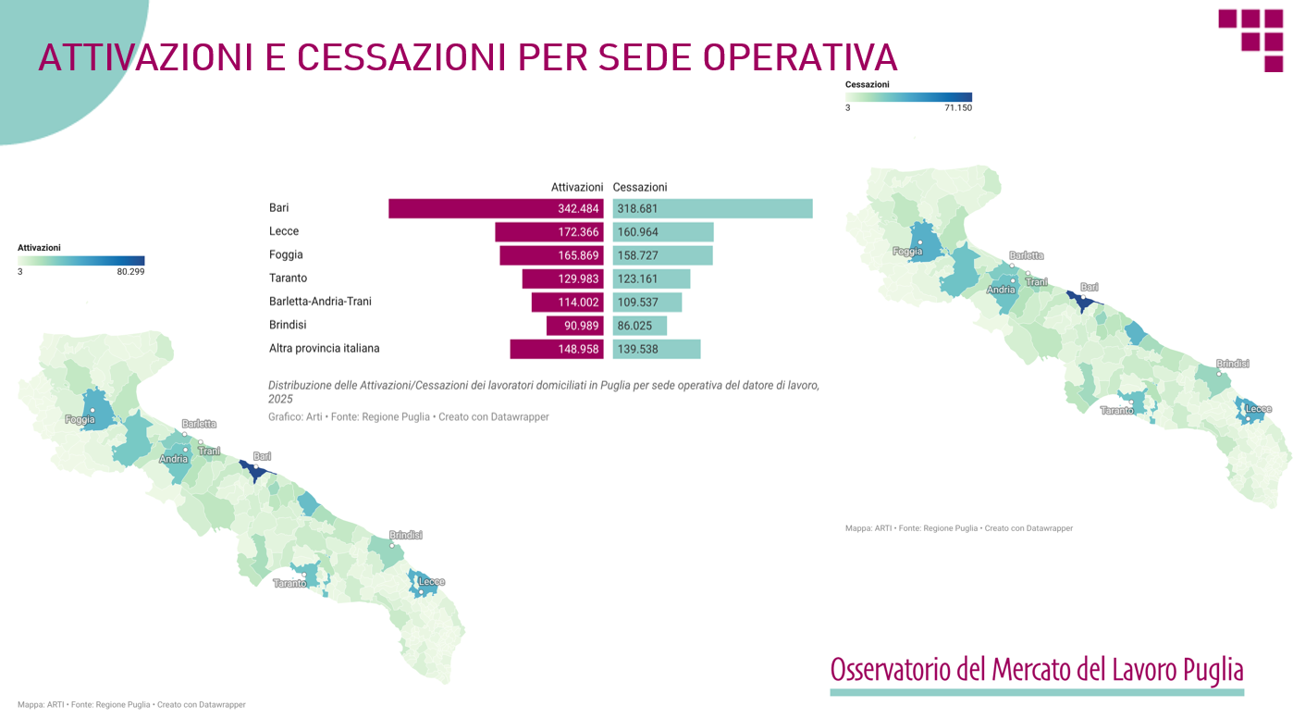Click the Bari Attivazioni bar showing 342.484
tap(496, 208)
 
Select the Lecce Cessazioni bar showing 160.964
tap(663, 232)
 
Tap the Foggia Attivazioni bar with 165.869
tap(552, 255)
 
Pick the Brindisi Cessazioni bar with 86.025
tap(640, 326)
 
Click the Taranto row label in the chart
tap(288, 278)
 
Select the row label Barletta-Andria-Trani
tap(320, 302)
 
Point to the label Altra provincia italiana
tap(325, 348)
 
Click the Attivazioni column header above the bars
tap(576, 187)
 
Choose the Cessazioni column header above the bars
tap(640, 187)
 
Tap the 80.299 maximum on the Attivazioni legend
tap(130, 271)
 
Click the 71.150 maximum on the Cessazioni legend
tap(958, 108)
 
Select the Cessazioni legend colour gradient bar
tap(908, 97)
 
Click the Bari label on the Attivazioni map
tap(262, 456)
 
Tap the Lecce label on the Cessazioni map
tap(1259, 409)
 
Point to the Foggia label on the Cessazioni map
tap(907, 252)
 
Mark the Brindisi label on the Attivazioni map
tap(406, 535)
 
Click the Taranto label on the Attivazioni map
tap(289, 584)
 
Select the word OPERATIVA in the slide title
tap(800, 57)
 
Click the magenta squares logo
tap(1250, 41)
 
